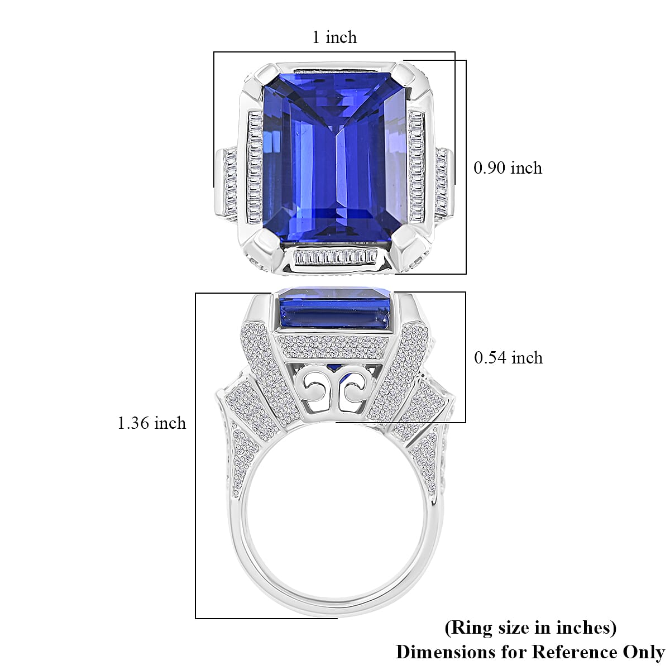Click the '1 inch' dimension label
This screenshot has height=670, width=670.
click(334, 37)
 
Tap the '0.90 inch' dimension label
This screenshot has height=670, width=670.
click(508, 167)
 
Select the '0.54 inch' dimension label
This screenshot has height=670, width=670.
click(508, 357)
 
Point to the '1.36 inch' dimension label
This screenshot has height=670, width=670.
click(151, 423)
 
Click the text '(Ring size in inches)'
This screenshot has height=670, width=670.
click(530, 628)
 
